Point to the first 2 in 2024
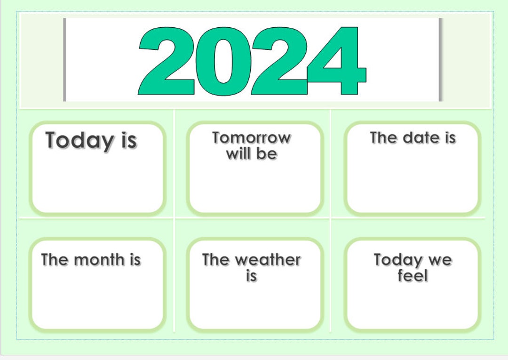[167, 61]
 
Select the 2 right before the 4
[279, 61]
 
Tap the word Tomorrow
[251, 138]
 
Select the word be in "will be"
[267, 153]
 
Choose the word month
[100, 259]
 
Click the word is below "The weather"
[251, 276]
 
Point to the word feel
[413, 276]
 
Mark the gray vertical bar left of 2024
[64, 59]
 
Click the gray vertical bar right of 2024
[441, 59]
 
